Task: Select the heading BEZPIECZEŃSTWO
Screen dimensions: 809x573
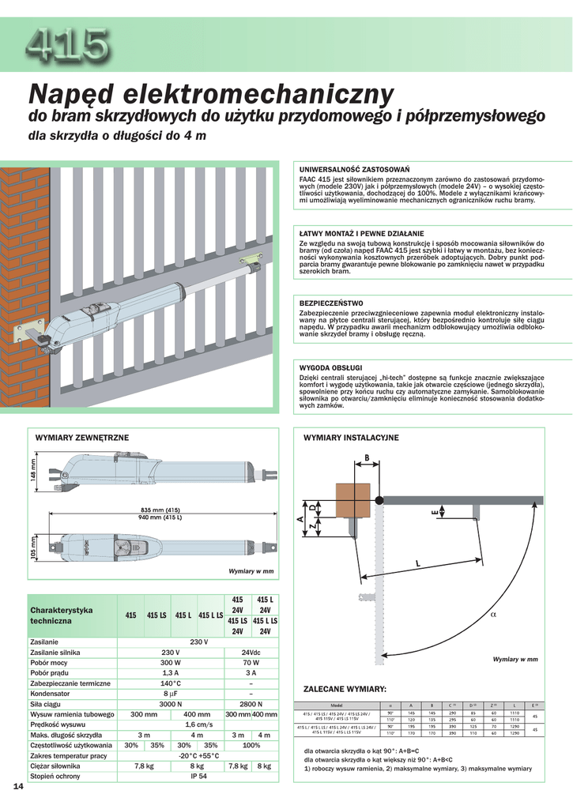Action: click(x=331, y=303)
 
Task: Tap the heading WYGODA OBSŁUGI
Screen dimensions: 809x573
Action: click(x=330, y=368)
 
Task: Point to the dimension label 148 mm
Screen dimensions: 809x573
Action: click(x=33, y=472)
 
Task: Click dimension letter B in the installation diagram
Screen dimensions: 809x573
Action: click(x=366, y=457)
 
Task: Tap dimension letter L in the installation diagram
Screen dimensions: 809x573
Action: click(x=417, y=563)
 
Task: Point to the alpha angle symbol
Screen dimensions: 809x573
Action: click(x=492, y=613)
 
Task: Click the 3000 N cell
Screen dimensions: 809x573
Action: click(x=171, y=703)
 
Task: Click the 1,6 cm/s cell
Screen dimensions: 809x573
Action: click(x=198, y=724)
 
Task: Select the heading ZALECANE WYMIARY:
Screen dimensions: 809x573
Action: click(x=345, y=689)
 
